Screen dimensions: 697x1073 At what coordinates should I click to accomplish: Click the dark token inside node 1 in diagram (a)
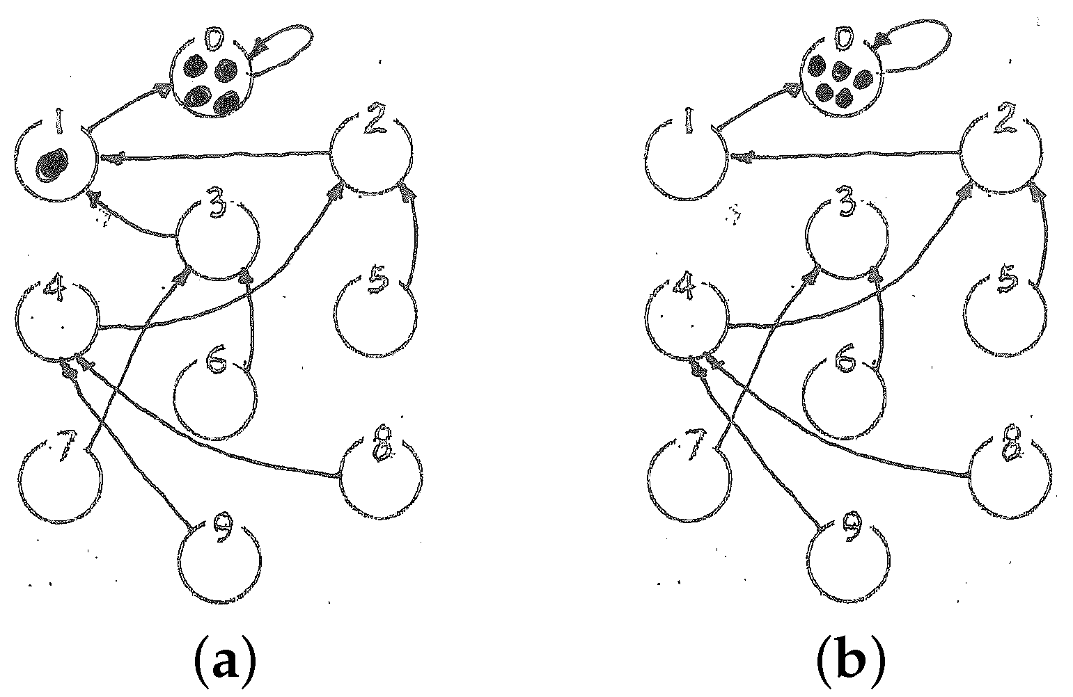click(51, 166)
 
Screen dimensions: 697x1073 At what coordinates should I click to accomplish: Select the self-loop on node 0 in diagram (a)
click(285, 43)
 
